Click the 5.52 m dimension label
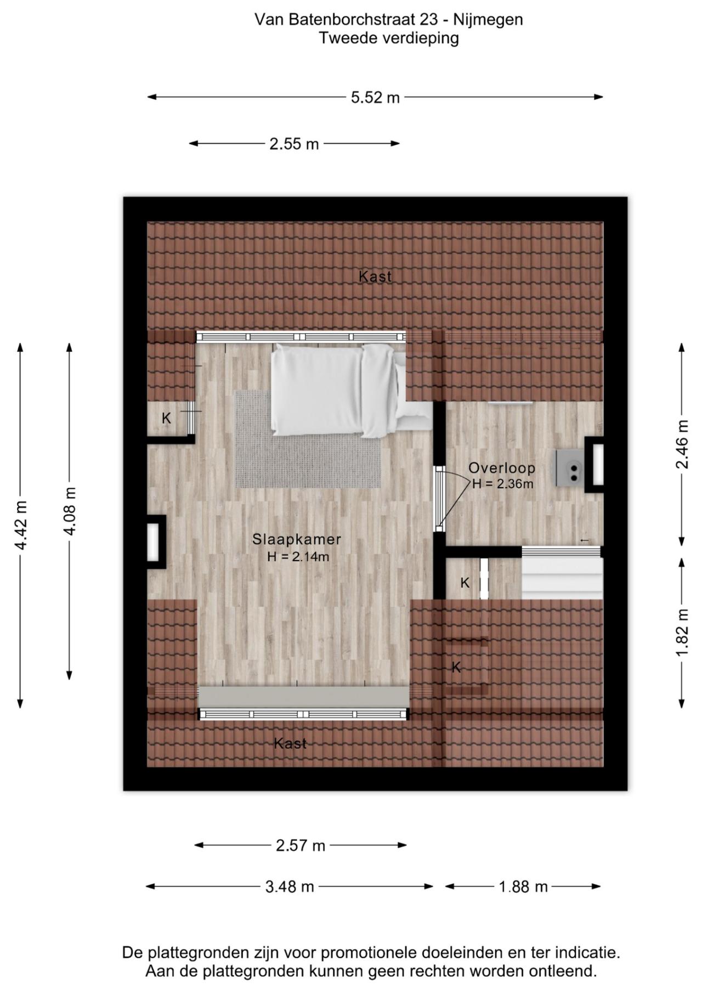tap(375, 98)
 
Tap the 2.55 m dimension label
tap(294, 144)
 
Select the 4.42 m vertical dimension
tap(21, 525)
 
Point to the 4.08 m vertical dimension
tap(70, 511)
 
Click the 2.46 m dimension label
tap(682, 444)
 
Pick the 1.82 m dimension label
tap(682, 633)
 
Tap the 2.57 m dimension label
tap(301, 845)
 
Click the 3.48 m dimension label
tap(290, 887)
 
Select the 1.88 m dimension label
tap(523, 887)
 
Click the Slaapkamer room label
tap(297, 539)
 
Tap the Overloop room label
tap(502, 468)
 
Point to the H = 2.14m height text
tap(298, 557)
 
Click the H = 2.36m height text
tap(502, 484)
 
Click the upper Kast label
tap(375, 277)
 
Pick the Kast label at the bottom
tap(290, 743)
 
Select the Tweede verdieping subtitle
tap(389, 38)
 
